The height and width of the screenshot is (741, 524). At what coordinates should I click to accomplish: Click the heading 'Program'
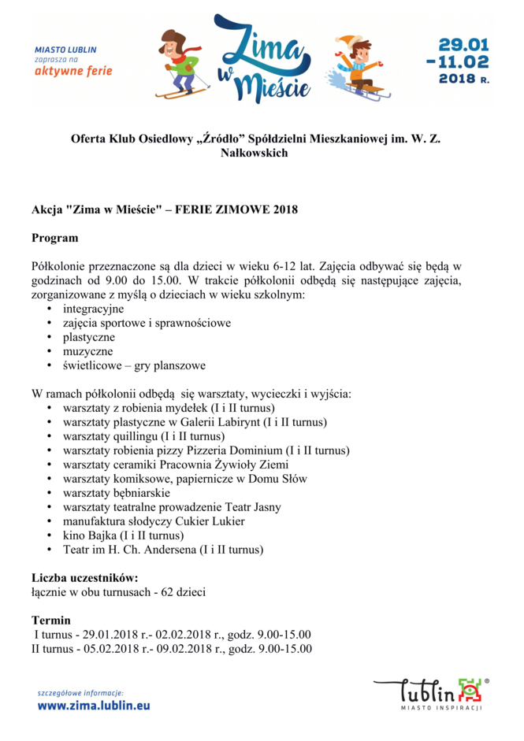pos(54,238)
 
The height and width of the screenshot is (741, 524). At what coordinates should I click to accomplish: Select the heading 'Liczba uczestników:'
pos(85,577)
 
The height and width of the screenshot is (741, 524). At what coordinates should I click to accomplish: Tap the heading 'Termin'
pos(50,620)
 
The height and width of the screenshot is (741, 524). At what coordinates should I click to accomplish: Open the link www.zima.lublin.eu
pos(93,706)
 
